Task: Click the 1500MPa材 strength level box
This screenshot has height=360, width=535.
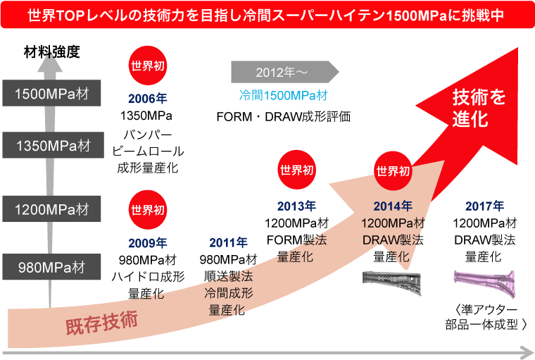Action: (x=51, y=93)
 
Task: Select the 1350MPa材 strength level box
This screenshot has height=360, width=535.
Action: (x=53, y=145)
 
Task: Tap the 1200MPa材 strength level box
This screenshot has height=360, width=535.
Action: (x=51, y=209)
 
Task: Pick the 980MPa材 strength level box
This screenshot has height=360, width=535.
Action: (x=51, y=266)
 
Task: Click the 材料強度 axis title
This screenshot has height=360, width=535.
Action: (x=52, y=52)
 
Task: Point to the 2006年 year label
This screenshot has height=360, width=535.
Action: (x=147, y=99)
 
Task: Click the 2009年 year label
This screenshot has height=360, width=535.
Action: (x=147, y=243)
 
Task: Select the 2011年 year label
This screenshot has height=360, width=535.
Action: (x=228, y=242)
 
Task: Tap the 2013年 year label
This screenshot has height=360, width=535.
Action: (x=296, y=206)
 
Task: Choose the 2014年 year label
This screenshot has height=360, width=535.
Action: (x=393, y=206)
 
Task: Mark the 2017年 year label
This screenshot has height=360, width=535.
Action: (x=484, y=206)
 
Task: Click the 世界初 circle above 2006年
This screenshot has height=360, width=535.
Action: (x=148, y=66)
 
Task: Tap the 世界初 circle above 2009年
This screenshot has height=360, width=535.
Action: (x=148, y=210)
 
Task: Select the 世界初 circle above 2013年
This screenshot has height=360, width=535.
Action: (x=296, y=170)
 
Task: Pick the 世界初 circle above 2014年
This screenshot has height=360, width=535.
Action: (x=393, y=170)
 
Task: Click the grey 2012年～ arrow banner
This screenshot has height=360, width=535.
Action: (x=285, y=72)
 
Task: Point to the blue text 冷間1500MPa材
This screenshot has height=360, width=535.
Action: (x=284, y=95)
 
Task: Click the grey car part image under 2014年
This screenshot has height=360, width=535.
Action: (x=391, y=282)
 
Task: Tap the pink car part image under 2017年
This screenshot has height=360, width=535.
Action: (x=484, y=283)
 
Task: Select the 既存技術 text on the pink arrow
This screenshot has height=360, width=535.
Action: (x=101, y=322)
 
